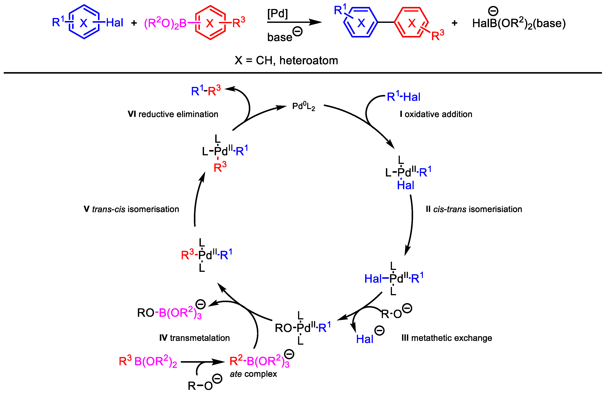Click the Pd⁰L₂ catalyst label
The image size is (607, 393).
click(303, 106)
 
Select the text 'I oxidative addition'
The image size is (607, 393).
click(436, 114)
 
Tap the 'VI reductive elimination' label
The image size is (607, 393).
click(173, 114)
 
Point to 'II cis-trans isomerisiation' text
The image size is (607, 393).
click(474, 209)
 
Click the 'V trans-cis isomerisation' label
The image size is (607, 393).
click(131, 209)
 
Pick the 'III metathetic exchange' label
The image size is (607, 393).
click(447, 338)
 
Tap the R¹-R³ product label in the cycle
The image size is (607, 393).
click(206, 91)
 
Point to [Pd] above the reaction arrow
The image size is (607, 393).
click(277, 13)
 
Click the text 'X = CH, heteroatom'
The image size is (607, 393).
click(286, 61)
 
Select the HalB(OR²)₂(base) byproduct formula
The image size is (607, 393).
click(519, 23)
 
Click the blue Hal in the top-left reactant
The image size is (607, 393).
click(114, 23)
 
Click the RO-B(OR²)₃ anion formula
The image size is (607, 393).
click(169, 313)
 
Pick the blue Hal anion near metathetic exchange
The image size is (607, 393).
click(365, 339)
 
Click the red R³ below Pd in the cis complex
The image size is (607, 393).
click(220, 167)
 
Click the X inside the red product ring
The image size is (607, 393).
click(412, 23)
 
